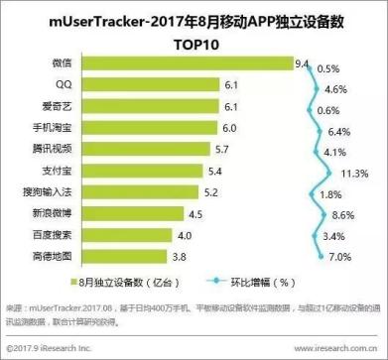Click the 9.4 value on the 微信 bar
click(x=303, y=63)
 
